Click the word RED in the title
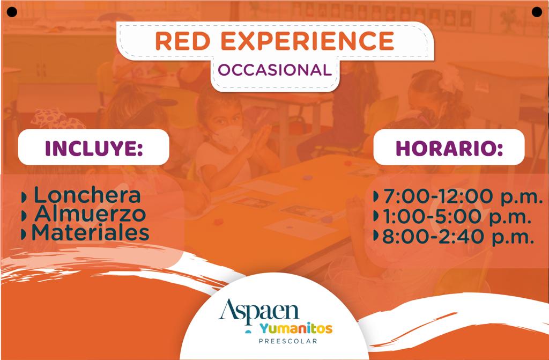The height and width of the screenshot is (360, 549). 182,41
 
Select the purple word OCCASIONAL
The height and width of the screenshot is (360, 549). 275,70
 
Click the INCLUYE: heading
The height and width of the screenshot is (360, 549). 94,148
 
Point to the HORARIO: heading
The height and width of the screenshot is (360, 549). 449,148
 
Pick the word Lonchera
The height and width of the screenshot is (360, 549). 87,195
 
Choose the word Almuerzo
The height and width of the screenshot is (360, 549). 90,214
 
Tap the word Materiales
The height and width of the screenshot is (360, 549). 91,233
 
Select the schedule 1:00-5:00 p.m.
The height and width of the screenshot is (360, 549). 457,216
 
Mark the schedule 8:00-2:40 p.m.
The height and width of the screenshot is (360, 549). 458,237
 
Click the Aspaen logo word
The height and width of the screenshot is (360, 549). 259,312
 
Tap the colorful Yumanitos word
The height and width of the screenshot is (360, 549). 296,328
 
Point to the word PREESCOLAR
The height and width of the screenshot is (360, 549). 288,341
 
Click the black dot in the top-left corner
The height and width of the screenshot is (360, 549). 12,12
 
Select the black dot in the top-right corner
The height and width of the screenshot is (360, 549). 537,12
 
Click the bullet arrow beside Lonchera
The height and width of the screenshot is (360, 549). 24,197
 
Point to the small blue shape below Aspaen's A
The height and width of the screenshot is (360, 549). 248,331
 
